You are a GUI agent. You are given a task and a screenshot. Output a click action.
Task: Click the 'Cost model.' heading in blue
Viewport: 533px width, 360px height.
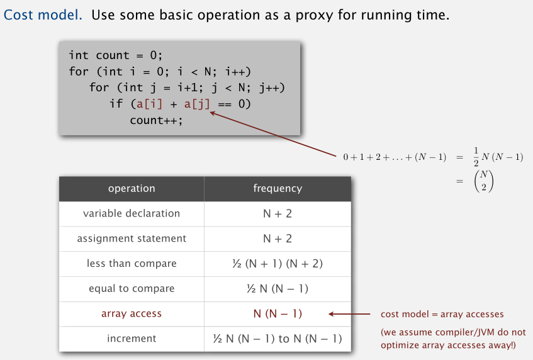click(43, 15)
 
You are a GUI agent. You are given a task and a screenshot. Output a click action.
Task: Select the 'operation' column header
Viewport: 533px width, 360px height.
click(132, 188)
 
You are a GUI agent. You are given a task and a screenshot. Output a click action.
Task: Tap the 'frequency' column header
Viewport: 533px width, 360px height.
click(278, 188)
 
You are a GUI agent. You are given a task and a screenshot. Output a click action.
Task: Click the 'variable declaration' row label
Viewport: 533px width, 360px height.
click(132, 213)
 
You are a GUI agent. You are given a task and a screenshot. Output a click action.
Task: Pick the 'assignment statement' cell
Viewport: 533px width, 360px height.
click(132, 239)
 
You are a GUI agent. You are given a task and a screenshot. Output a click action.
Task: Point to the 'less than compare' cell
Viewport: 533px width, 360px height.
click(132, 264)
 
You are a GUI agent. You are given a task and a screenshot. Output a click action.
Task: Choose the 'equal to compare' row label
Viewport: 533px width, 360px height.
click(132, 289)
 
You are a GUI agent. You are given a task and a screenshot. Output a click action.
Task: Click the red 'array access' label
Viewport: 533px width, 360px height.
click(132, 313)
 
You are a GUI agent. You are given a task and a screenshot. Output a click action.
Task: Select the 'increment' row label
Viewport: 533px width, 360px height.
click(132, 339)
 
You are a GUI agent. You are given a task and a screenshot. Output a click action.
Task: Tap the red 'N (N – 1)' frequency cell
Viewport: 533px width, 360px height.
click(278, 313)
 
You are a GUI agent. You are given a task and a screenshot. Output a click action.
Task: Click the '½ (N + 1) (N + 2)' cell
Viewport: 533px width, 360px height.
click(278, 264)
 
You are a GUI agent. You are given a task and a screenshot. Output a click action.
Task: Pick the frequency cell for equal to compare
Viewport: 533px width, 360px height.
click(278, 289)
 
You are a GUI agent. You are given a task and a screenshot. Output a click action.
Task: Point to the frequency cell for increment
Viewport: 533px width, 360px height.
click(278, 339)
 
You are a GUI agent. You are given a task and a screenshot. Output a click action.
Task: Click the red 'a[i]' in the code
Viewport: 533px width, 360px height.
click(149, 104)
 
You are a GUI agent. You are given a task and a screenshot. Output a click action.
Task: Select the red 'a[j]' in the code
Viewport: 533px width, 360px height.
click(197, 104)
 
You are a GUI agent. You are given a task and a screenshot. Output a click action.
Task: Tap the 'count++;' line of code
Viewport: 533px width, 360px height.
click(156, 120)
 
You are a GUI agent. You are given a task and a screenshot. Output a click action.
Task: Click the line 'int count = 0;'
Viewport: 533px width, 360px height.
click(116, 55)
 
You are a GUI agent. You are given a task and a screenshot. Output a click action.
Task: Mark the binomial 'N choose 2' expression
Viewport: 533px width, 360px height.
click(484, 181)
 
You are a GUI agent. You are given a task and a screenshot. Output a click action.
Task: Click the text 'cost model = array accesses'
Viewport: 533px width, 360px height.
click(442, 314)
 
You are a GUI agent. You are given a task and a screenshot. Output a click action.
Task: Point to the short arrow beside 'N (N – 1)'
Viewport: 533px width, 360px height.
click(349, 314)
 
